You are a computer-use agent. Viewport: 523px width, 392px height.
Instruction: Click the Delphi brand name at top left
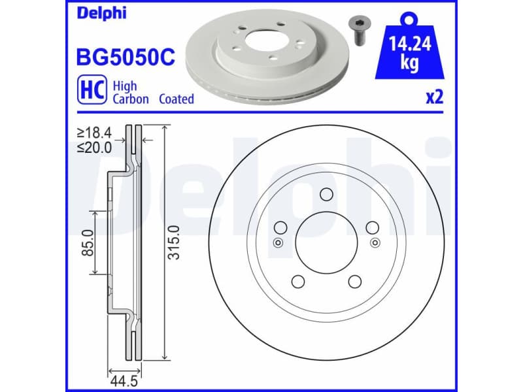tap(102, 13)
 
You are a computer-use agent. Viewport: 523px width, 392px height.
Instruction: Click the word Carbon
tap(131, 99)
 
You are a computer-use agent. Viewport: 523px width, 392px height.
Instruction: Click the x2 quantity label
tap(434, 97)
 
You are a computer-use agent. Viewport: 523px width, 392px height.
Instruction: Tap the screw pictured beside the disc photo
tap(358, 29)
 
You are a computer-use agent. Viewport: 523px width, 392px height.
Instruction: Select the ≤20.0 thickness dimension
tap(95, 147)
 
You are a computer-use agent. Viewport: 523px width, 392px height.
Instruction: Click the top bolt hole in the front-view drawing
tap(326, 194)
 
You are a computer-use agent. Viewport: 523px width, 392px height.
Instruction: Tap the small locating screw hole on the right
tap(375, 243)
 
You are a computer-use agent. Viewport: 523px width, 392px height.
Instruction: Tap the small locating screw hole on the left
tap(278, 243)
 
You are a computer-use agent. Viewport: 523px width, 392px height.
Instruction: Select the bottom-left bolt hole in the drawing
tap(297, 282)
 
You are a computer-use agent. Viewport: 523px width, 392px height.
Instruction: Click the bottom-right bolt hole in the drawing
tap(355, 282)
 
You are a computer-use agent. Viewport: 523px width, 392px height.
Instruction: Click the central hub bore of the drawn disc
tap(326, 242)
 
